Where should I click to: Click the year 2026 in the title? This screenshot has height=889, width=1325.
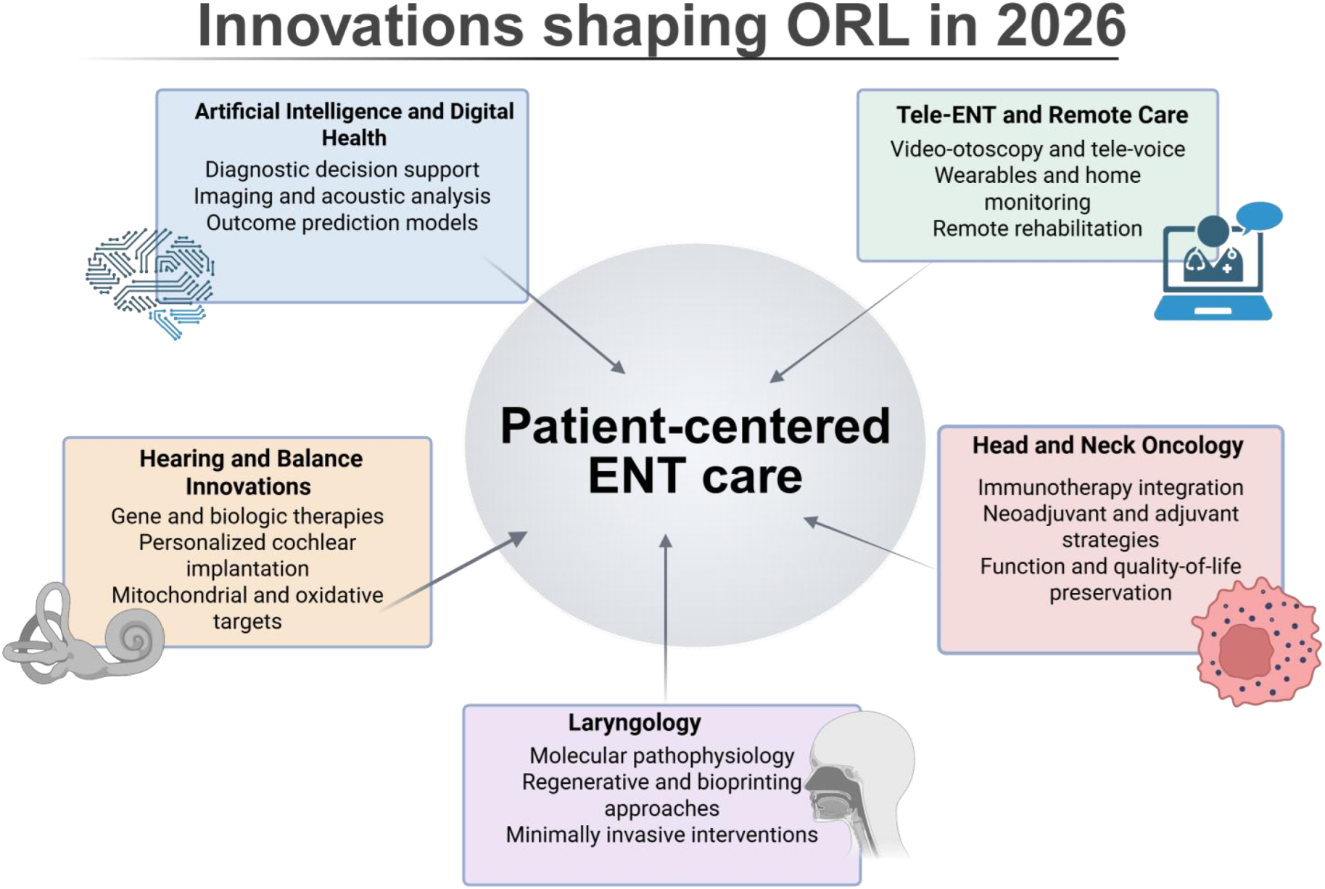point(1060,27)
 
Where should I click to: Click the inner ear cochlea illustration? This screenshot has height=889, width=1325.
point(84,636)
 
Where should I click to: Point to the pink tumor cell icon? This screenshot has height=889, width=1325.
point(1255,642)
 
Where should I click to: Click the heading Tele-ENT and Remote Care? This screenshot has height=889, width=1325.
point(1041,115)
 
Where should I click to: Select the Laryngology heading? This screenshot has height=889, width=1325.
point(635,723)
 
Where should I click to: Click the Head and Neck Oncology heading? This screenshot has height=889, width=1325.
point(1107,445)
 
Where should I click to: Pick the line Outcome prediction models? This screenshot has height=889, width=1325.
point(342,223)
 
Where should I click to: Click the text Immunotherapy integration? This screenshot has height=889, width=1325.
point(1110,487)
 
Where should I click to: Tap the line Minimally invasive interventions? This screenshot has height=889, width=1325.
point(661,835)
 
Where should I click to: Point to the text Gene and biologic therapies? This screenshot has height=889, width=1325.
point(247,516)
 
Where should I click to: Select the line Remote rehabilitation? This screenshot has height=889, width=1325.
point(1037,229)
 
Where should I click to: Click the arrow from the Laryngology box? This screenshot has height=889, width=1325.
point(665,617)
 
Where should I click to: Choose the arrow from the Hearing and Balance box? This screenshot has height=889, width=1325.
point(457,569)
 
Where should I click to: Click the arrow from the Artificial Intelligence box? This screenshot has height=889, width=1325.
point(555,315)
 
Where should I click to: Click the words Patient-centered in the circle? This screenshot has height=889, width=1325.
point(695,426)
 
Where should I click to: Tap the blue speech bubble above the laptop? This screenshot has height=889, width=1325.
point(1259,216)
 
